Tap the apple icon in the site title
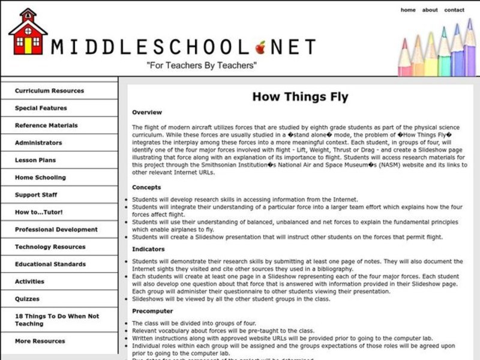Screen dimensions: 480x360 coord(260,46)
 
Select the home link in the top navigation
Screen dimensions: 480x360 coord(408,10)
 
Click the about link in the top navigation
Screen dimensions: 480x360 coord(430,10)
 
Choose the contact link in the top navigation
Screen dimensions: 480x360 coord(454,10)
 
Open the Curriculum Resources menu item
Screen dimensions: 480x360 coord(49,91)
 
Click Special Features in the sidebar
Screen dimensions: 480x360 coord(41,108)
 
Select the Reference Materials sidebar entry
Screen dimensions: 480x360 coord(46,125)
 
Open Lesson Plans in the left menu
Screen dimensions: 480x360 coord(35,160)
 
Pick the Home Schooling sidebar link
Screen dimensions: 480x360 coord(40,178)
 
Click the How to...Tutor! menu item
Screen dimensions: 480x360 coord(38,212)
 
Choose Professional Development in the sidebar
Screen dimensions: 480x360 coord(56,229)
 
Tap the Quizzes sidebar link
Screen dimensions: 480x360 coord(27,299)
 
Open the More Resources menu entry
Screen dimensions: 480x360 coord(40,341)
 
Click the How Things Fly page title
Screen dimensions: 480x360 coord(299,97)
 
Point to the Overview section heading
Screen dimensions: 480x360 coord(147,112)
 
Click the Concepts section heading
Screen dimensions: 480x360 coord(146,187)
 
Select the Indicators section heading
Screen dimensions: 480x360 coord(148,248)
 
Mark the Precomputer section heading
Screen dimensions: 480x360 coord(152,311)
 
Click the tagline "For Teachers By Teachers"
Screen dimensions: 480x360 coord(202,65)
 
